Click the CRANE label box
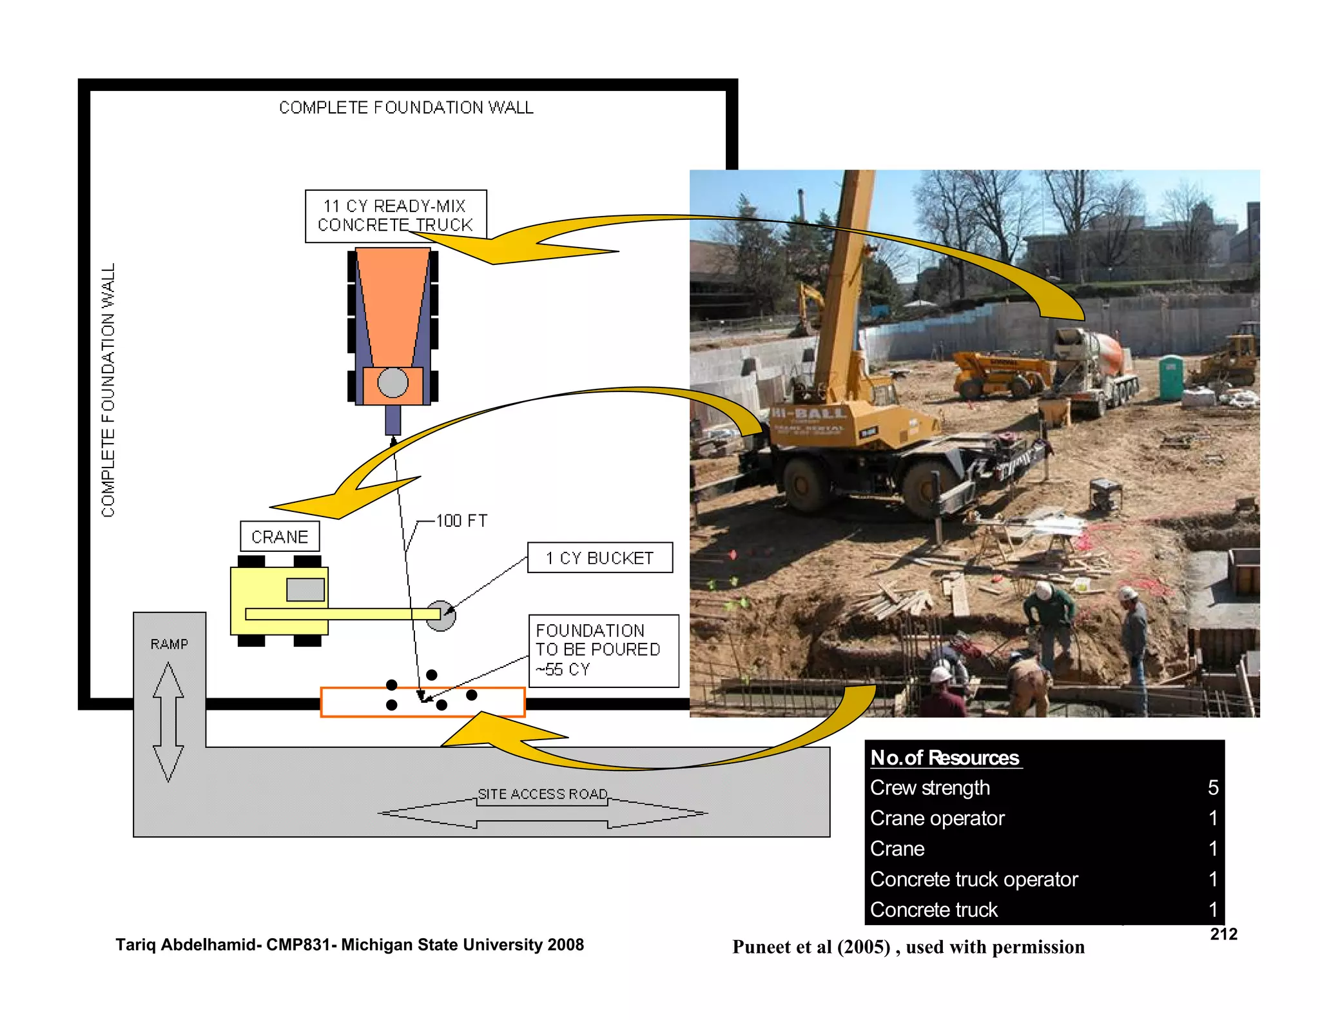(x=280, y=536)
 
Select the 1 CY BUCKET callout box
(x=599, y=558)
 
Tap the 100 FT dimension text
(x=461, y=521)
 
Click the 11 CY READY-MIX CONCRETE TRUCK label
(x=395, y=215)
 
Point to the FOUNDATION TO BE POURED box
(x=603, y=650)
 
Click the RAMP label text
(x=169, y=644)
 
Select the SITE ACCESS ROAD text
(x=543, y=794)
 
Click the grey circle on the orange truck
(x=393, y=382)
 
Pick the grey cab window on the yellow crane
(x=305, y=589)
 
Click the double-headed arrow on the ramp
(x=168, y=722)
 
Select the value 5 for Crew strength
(x=1212, y=787)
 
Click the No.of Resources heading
(x=944, y=757)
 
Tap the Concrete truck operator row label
(x=973, y=879)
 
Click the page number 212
(x=1223, y=934)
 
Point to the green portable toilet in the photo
(x=1171, y=377)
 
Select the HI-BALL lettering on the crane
(x=809, y=413)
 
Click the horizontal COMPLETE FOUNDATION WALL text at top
(x=406, y=108)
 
